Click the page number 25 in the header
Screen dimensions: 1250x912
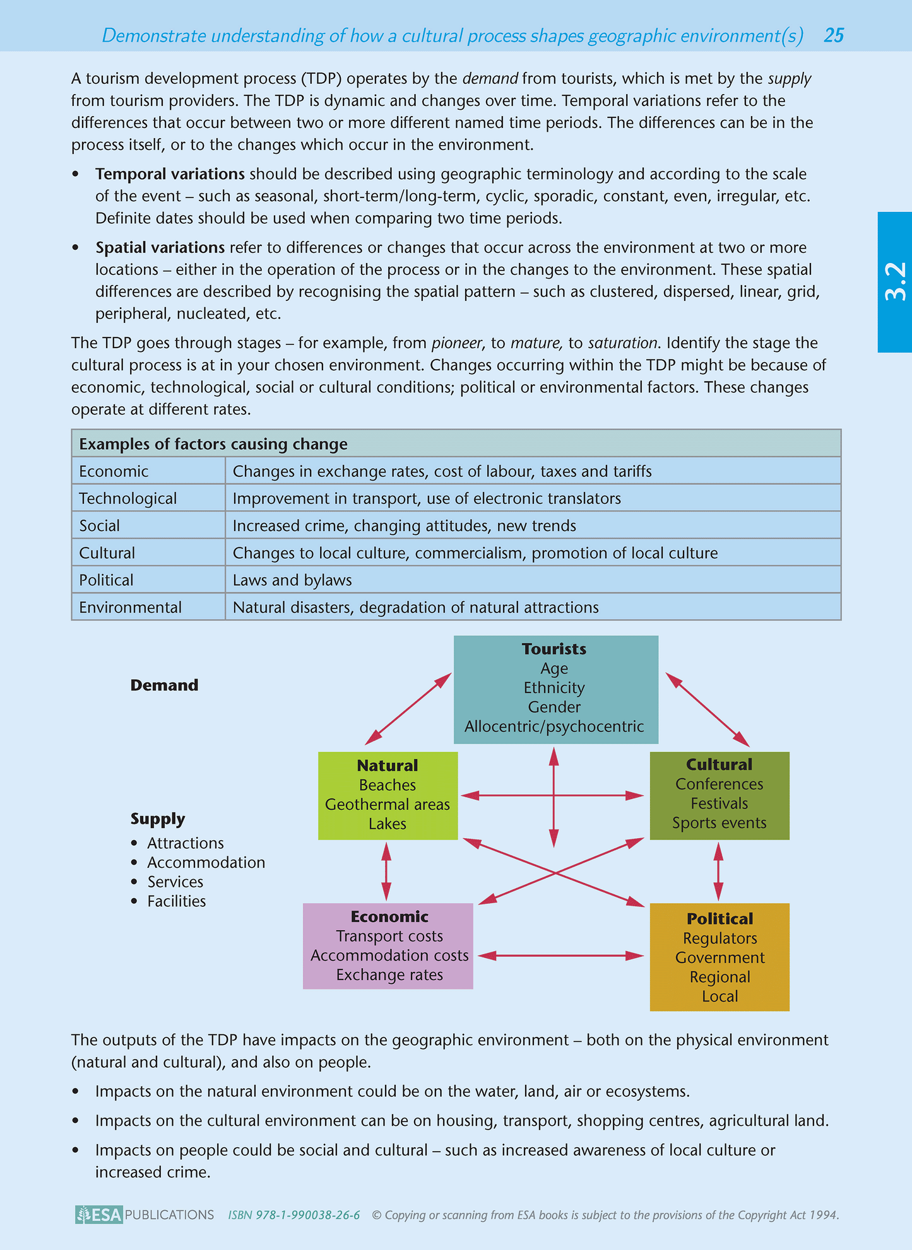point(833,35)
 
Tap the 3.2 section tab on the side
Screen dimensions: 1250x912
point(894,281)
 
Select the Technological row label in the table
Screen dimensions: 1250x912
point(127,498)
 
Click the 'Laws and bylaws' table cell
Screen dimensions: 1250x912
point(292,580)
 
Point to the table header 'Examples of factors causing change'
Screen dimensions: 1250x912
point(213,444)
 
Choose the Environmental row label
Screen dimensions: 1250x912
point(130,607)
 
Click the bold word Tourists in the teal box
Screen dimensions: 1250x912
point(554,649)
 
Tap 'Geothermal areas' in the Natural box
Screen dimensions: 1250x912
point(387,805)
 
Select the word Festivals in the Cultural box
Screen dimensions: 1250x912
point(719,803)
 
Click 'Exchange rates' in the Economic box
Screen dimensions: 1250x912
point(389,975)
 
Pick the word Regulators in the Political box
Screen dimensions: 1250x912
point(720,938)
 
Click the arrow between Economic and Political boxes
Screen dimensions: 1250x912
point(560,955)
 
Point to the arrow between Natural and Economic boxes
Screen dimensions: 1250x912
point(386,872)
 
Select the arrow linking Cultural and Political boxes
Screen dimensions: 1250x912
point(718,872)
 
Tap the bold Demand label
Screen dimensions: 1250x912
point(164,686)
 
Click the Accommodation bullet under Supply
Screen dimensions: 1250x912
point(206,863)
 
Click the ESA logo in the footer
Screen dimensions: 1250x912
point(98,1215)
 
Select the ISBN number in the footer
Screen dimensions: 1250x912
point(294,1215)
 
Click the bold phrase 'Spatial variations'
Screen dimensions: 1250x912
point(160,247)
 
